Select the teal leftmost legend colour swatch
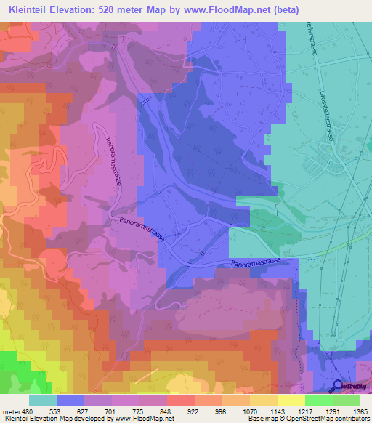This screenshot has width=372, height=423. point(43,401)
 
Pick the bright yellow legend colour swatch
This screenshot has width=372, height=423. point(291,401)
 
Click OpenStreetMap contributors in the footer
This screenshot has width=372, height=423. point(326,419)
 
